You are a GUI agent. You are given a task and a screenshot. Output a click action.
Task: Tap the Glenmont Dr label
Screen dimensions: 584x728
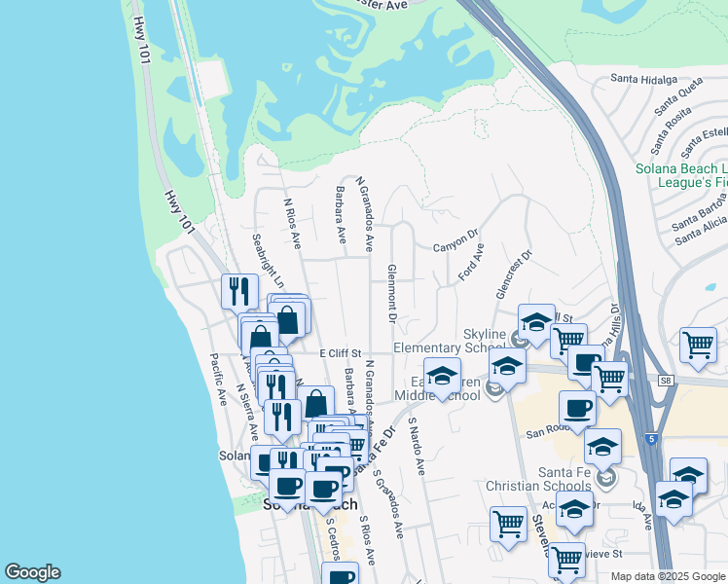(392, 292)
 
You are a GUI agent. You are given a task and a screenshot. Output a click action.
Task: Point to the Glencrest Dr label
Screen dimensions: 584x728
(515, 276)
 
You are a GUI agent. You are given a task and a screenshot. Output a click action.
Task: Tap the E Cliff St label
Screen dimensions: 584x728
(340, 352)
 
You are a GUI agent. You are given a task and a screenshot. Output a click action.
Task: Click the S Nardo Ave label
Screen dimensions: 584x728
(417, 447)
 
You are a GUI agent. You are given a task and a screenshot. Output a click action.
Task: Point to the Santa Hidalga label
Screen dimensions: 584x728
(642, 78)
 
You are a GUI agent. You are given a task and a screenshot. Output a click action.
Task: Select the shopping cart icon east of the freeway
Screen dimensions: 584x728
(698, 345)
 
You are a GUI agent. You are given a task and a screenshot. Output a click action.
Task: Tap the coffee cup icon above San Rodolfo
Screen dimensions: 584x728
(577, 408)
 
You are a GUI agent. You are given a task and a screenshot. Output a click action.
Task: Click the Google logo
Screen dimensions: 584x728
(32, 572)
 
